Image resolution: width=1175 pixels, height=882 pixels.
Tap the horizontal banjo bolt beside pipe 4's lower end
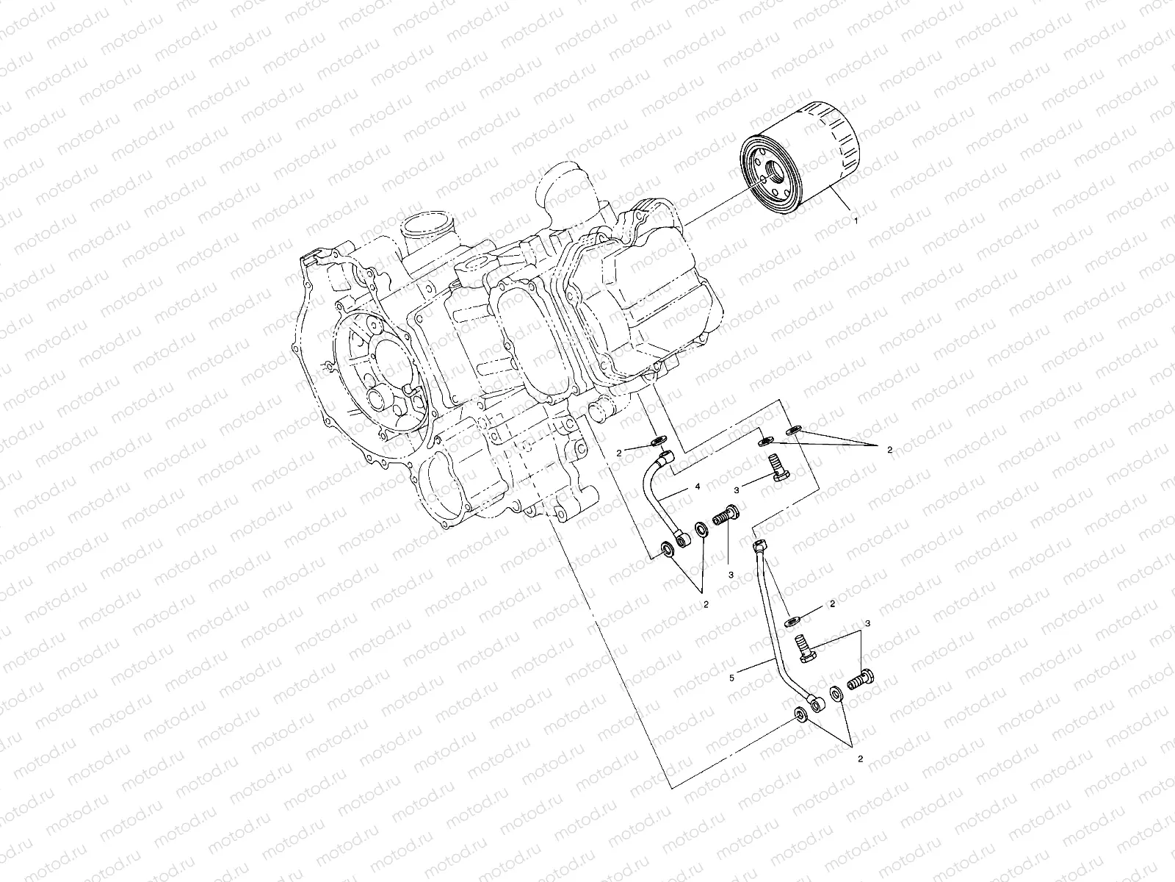click(x=726, y=514)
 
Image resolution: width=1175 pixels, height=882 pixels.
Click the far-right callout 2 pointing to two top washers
click(x=889, y=449)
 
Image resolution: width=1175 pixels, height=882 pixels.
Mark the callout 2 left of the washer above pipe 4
click(x=619, y=453)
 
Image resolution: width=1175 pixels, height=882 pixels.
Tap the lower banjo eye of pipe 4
click(x=684, y=540)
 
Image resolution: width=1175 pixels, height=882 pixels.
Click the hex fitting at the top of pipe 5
click(x=759, y=545)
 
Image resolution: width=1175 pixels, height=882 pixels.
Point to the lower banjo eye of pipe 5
click(x=817, y=704)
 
